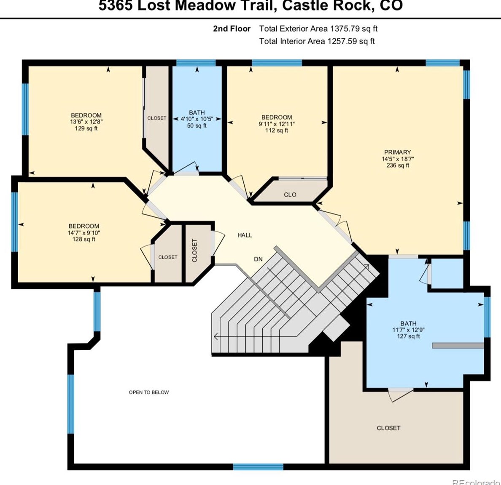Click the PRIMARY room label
(x=397, y=152)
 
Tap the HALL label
(x=245, y=235)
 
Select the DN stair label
(x=258, y=259)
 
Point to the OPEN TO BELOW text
(x=149, y=392)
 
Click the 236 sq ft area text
(x=398, y=165)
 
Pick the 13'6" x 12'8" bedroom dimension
(x=86, y=122)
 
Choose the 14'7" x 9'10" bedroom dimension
(x=84, y=233)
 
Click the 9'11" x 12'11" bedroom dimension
(x=277, y=124)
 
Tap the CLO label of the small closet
(x=290, y=195)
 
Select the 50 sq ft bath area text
(x=197, y=125)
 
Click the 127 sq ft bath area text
(x=408, y=336)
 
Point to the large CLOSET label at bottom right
(x=388, y=428)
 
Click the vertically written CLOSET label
(x=194, y=250)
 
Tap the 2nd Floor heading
(x=232, y=29)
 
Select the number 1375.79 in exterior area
(x=345, y=29)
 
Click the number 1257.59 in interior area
(x=342, y=41)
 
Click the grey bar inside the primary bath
(x=458, y=345)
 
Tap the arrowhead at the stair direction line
(x=215, y=336)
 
